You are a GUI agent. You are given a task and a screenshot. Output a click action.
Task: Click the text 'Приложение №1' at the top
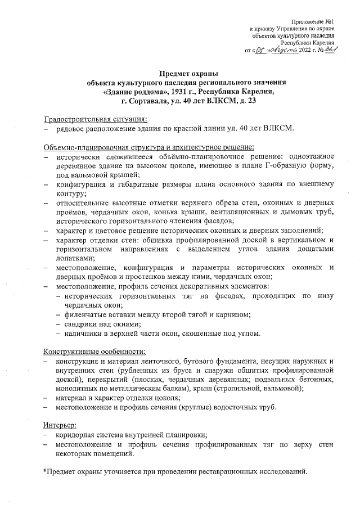[313, 21]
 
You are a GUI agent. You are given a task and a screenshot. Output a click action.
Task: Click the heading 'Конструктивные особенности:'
[89, 352]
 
